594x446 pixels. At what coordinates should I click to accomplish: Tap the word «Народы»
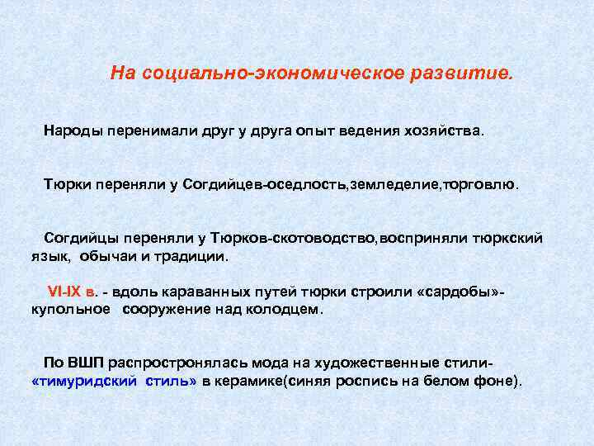(x=72, y=131)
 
